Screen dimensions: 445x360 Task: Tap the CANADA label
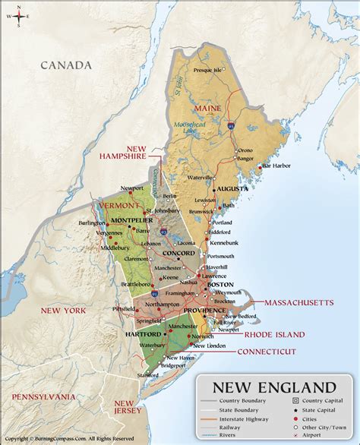[x=66, y=65]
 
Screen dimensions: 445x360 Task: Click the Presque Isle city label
[x=207, y=70]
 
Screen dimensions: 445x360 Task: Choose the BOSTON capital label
[x=225, y=284]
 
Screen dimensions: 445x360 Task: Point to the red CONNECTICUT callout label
[x=266, y=352]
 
